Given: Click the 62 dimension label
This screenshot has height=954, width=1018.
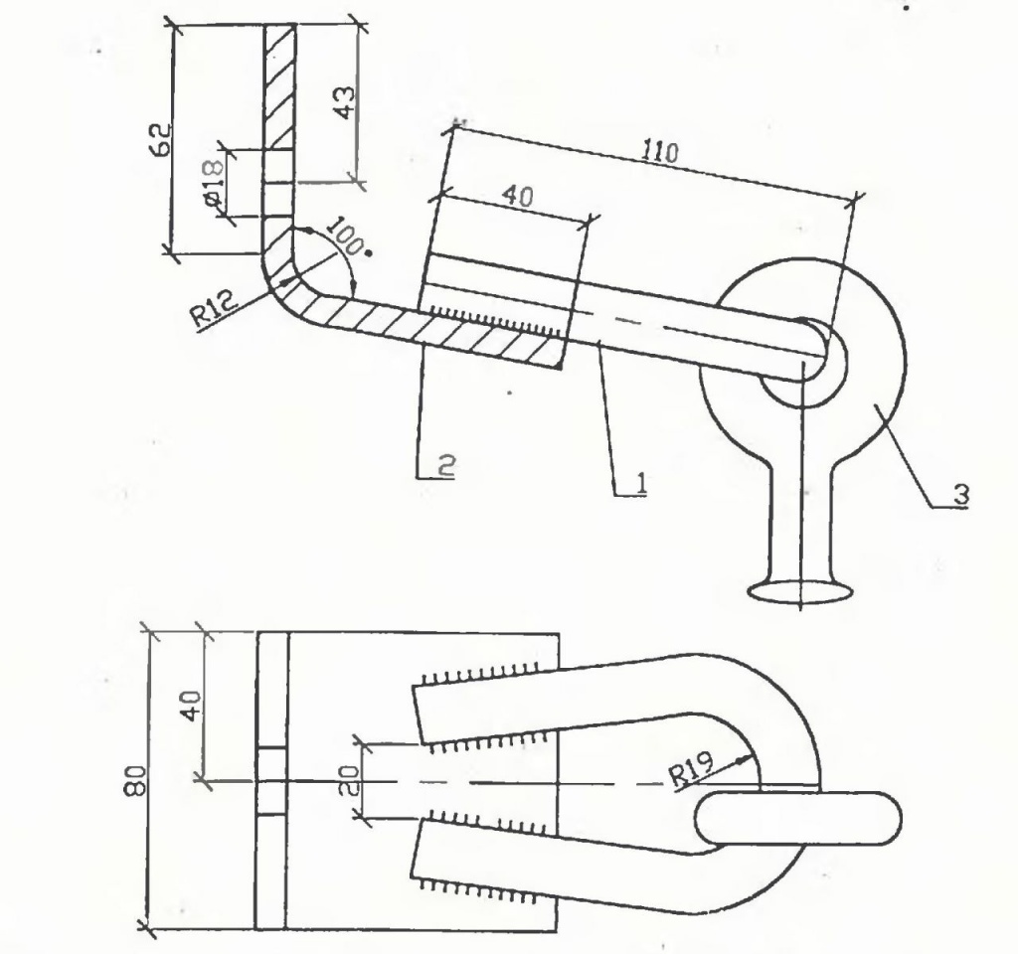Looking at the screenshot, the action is (161, 139).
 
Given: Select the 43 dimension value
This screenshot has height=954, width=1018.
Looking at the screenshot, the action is (344, 102).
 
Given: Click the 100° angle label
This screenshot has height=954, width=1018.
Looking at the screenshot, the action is (346, 238).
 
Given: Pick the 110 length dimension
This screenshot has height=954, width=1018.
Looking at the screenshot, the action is (660, 151).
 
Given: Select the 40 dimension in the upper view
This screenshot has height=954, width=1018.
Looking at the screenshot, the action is (517, 196).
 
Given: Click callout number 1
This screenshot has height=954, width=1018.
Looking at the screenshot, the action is (640, 483).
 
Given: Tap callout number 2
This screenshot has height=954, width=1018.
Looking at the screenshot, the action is (446, 465).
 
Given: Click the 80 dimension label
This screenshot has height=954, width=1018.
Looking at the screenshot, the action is (136, 779).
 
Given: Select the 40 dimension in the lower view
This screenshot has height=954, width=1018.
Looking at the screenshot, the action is (192, 705).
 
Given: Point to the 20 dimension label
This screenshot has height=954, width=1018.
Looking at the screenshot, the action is (349, 780).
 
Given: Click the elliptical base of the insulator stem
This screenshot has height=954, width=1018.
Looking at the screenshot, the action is (800, 592).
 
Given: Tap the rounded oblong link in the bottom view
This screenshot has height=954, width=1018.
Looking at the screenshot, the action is (798, 819).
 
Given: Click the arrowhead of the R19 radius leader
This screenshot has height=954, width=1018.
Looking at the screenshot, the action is (745, 759).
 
